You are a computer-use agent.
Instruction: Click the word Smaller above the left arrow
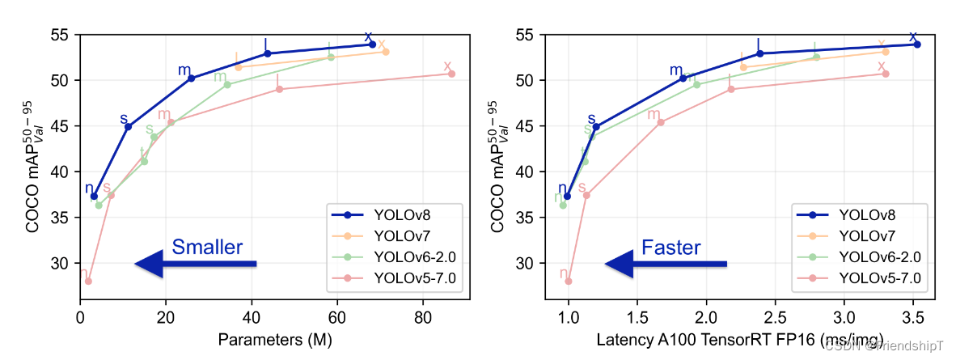[207, 248]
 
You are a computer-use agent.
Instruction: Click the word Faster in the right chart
[671, 248]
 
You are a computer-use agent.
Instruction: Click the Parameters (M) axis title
[274, 341]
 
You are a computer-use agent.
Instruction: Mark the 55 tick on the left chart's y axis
[61, 35]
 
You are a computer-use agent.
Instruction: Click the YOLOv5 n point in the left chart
[88, 282]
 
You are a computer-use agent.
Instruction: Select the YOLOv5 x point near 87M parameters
[452, 74]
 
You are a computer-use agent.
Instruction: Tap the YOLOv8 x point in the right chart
[917, 44]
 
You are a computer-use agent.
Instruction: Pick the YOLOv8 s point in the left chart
[128, 126]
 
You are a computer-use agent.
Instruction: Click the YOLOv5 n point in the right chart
[569, 282]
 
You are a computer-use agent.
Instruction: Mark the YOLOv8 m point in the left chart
[192, 78]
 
